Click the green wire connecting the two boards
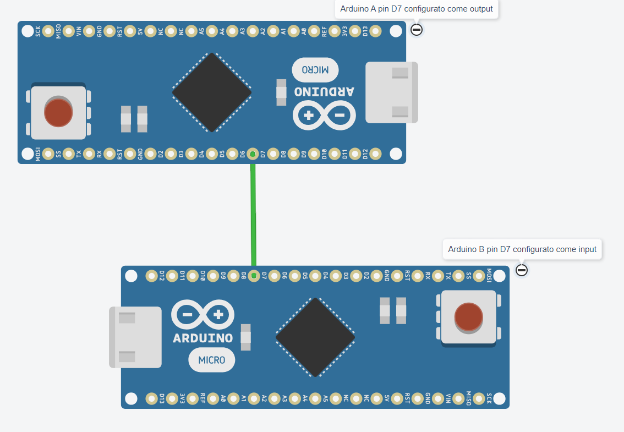click(253, 215)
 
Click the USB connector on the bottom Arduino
click(135, 337)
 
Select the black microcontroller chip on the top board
click(212, 92)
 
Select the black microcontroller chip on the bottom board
click(315, 337)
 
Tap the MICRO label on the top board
click(315, 70)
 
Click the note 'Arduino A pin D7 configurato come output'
click(417, 9)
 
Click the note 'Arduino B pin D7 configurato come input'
click(522, 249)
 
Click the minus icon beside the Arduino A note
click(417, 30)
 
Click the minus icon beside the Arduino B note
click(522, 270)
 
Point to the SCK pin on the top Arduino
click(48, 31)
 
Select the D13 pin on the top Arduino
click(375, 31)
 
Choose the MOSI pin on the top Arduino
click(48, 154)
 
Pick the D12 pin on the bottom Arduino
click(151, 276)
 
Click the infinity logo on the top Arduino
click(324, 115)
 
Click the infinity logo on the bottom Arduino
click(202, 315)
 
